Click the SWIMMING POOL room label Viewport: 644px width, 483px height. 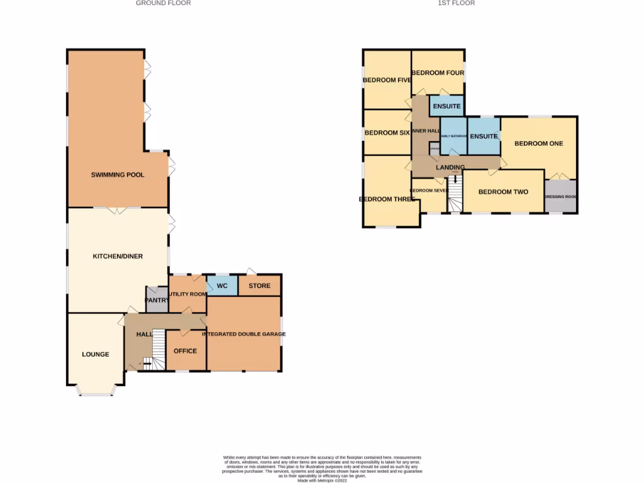click(118, 175)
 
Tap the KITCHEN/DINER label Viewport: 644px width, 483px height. click(118, 257)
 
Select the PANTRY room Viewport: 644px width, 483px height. click(157, 301)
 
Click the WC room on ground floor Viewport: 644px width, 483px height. click(222, 286)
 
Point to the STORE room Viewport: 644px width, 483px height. click(259, 286)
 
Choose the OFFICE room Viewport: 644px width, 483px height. click(186, 351)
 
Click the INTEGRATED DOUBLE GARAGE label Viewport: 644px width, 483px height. click(243, 334)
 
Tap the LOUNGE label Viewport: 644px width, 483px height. click(96, 355)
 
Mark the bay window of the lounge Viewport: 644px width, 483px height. click(96, 391)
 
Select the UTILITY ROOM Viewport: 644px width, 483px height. click(187, 294)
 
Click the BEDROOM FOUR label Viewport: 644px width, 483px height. click(438, 73)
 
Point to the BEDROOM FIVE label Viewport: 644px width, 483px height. click(387, 80)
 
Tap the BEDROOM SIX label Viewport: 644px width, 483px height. click(387, 133)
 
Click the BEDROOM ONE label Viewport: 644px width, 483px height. click(538, 143)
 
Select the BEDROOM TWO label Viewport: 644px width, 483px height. click(503, 192)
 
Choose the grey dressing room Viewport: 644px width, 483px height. click(560, 196)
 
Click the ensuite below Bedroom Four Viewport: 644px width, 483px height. click(447, 106)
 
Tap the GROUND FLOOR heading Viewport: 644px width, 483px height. click(164, 3)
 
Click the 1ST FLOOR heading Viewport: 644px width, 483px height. click(456, 3)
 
